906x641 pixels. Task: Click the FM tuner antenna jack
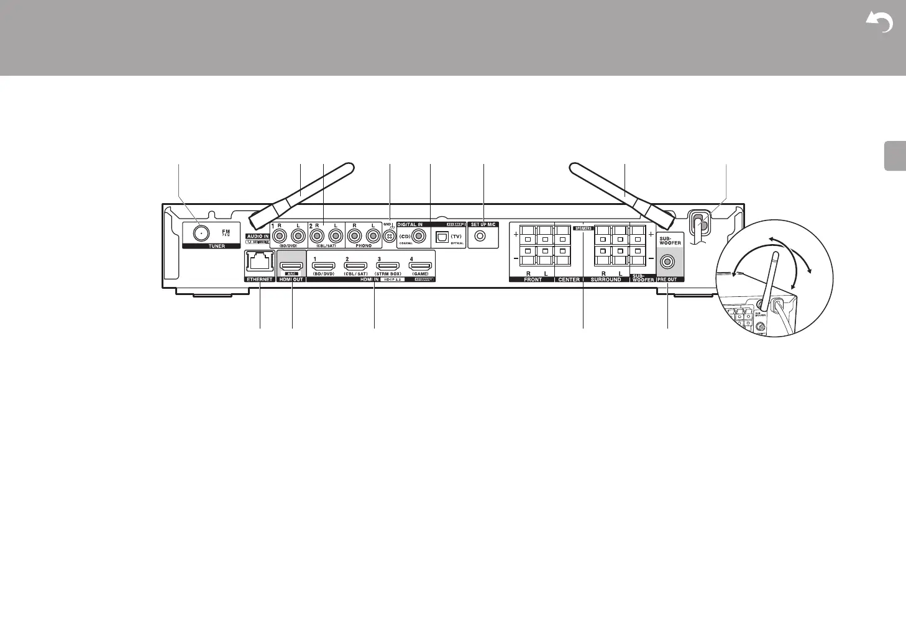pos(200,233)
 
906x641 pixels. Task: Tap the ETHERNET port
pos(259,264)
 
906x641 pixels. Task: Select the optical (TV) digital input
pos(442,237)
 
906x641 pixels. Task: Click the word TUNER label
pos(217,246)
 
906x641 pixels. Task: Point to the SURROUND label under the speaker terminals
pos(605,280)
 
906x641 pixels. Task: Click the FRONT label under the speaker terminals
pos(533,280)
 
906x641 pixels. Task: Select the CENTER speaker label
pos(569,280)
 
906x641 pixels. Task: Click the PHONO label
pos(364,246)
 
